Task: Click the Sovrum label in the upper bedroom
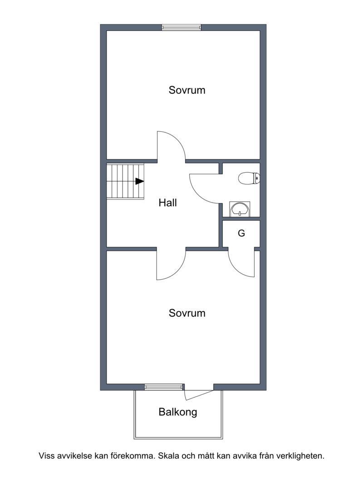[187, 90]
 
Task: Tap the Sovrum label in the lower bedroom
[187, 313]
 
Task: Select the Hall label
[167, 203]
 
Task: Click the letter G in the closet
[241, 233]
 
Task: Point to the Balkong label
[178, 412]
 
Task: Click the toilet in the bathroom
[249, 179]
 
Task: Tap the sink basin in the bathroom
[240, 209]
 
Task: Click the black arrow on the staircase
[140, 181]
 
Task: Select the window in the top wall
[181, 28]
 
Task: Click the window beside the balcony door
[164, 387]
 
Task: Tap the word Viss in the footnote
[45, 456]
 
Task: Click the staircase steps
[125, 181]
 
